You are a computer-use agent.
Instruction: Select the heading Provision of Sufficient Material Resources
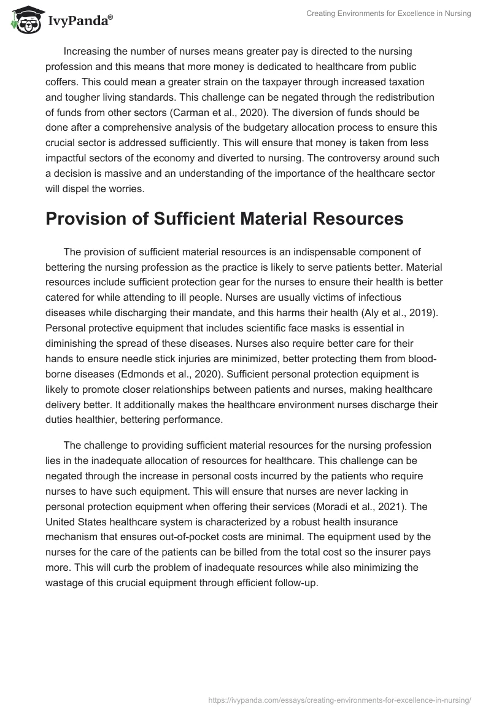pos(224,219)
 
